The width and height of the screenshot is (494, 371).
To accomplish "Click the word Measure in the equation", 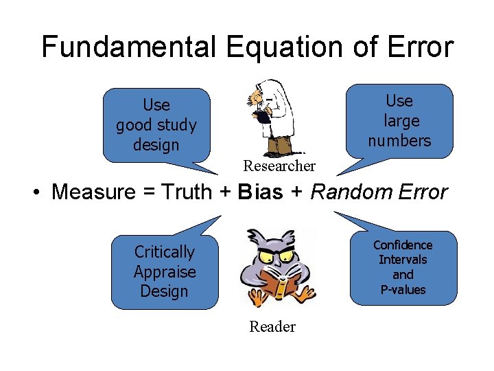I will coord(94,192).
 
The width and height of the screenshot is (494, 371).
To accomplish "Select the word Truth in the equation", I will coord(185,192).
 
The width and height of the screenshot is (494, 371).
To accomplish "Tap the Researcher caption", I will coord(279,166).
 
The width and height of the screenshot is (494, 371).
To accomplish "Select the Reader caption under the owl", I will coord(272,327).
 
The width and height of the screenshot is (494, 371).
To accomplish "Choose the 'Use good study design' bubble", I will coord(156,125).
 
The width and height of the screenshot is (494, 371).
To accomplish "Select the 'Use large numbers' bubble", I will coord(399,121).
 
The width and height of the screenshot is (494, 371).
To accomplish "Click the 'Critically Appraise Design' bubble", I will coord(165,272).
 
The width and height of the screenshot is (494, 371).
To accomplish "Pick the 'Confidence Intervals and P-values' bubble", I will coord(403,267).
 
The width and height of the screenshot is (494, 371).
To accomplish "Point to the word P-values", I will coord(403,290).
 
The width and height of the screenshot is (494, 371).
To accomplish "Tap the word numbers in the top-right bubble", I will coord(399,141).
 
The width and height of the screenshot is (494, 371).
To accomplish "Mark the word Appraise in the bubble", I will coord(165,272).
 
